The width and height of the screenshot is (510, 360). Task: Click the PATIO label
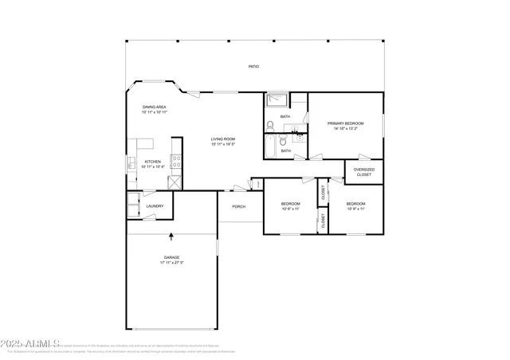[x=253, y=67]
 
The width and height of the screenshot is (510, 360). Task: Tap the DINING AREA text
[x=154, y=107]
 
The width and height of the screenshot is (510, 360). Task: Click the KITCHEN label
[x=152, y=162]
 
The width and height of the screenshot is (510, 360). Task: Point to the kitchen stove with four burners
[x=175, y=165]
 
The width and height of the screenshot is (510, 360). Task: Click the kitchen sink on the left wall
[x=131, y=163]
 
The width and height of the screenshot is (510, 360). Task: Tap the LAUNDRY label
[x=155, y=206]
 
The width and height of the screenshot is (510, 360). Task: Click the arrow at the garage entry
[x=171, y=236]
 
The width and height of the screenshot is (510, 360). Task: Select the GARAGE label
[x=171, y=257]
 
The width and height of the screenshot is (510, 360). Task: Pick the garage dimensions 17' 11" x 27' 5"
[x=171, y=263]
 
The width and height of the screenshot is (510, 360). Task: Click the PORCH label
[x=238, y=207]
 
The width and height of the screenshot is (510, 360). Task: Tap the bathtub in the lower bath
[x=271, y=147]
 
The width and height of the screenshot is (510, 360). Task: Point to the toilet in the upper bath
[x=270, y=125]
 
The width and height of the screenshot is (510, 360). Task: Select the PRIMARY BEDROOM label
[x=345, y=123]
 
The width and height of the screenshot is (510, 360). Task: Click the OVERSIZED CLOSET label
[x=363, y=170]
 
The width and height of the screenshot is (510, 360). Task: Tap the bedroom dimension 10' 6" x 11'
[x=290, y=209]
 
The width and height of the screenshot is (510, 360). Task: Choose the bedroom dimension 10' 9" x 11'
[x=355, y=209]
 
